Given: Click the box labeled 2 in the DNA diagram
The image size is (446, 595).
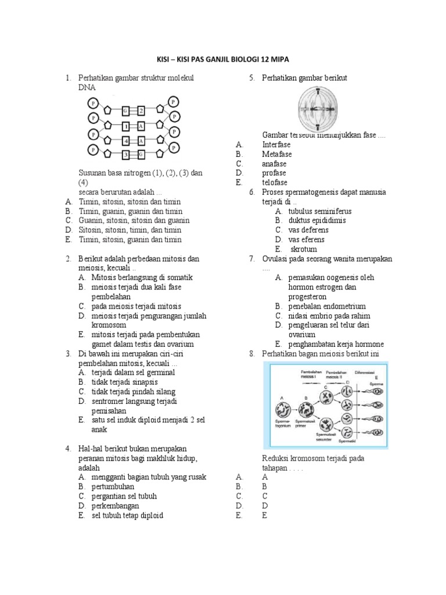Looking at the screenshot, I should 141,110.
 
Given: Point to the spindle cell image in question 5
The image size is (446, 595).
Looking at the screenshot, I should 322,109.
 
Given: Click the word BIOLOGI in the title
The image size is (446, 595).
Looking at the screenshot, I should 243,60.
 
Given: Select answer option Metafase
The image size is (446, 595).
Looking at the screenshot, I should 276,154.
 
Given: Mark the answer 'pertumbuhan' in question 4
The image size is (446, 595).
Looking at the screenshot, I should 113,486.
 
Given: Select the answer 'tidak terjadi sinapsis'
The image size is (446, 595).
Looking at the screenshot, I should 124,382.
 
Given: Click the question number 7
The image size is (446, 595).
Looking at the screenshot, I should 252,259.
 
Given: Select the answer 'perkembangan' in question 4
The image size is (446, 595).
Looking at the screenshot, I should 115,506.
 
